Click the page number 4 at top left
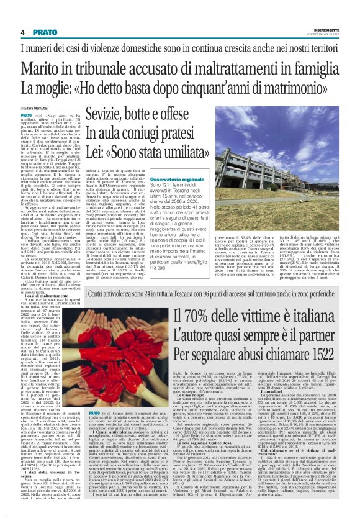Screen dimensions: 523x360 (22, 32)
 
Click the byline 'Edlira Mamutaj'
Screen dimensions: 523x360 (38, 91)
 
